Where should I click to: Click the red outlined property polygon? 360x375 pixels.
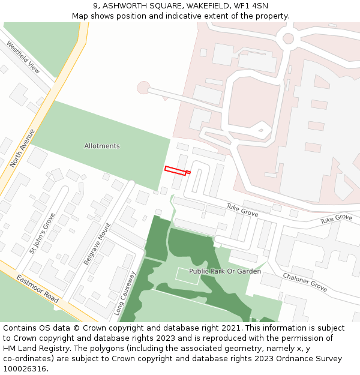point(175,170)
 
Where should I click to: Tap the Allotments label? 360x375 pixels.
point(102,146)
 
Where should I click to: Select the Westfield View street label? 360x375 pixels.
point(23,57)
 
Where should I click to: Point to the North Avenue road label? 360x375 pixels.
point(23,148)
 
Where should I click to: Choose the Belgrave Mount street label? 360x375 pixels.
point(97,244)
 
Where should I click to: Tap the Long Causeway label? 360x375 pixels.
point(125,293)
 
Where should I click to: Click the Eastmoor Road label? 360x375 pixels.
point(37,289)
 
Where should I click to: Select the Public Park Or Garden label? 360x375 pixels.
point(225,271)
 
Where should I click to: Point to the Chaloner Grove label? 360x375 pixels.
point(305,282)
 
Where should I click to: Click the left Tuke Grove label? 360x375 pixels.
point(242,209)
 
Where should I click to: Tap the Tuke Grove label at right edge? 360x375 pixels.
point(336,219)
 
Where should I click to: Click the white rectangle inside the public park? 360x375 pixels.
point(187,276)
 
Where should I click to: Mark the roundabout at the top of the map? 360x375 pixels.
point(288,39)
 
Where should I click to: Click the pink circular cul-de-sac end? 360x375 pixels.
point(143,88)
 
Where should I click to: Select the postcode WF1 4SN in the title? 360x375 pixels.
point(251,6)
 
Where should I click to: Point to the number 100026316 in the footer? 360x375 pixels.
point(25,368)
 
